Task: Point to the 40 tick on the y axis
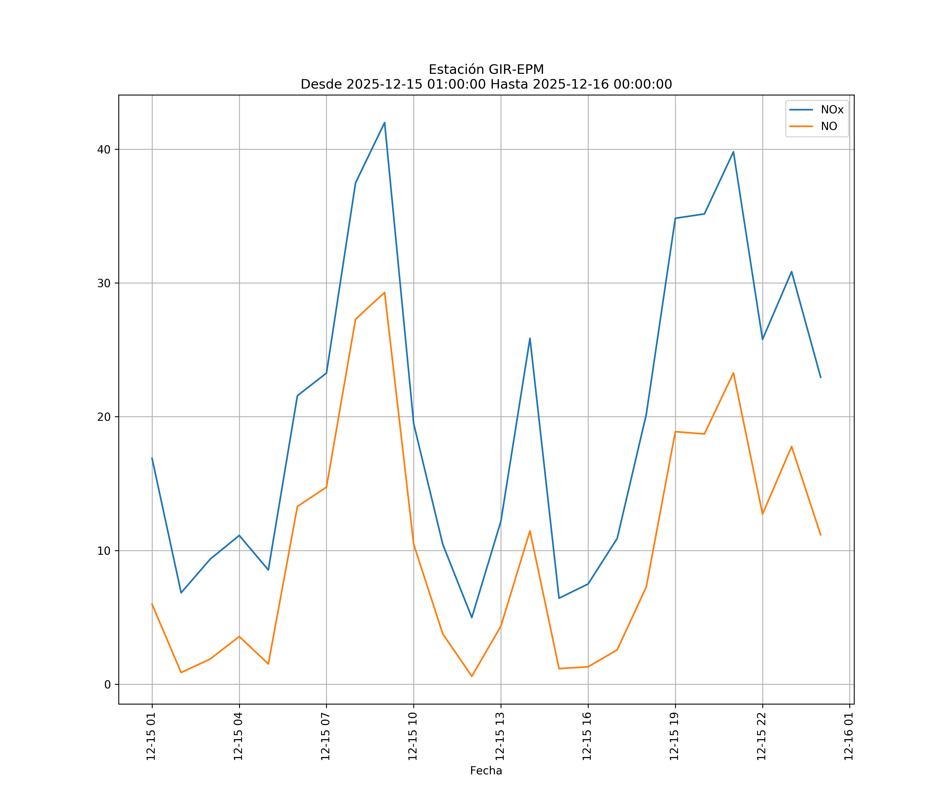coord(104,149)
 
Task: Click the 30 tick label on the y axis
coord(104,283)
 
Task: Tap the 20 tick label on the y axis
coord(104,417)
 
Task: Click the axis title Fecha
coord(486,771)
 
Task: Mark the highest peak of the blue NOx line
coord(385,123)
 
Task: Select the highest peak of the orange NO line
coord(385,292)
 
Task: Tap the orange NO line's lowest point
coord(472,676)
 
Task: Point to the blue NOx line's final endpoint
coord(821,377)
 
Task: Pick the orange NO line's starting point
coord(152,604)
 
